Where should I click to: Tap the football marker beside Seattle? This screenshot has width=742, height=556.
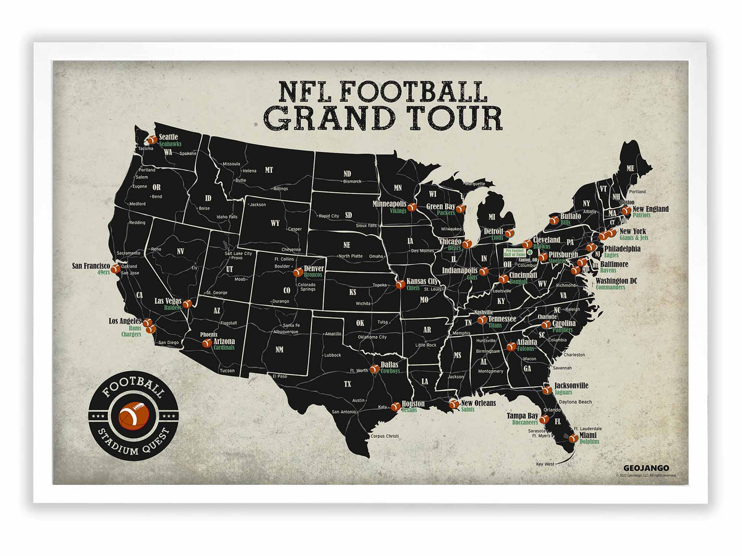pyautogui.click(x=152, y=140)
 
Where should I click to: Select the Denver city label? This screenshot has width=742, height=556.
pyautogui.click(x=313, y=268)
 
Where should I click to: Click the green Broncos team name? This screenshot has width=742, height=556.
pyautogui.click(x=313, y=275)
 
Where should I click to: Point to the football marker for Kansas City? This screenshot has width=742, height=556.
pyautogui.click(x=399, y=285)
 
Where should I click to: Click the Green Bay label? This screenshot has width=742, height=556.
pyautogui.click(x=441, y=206)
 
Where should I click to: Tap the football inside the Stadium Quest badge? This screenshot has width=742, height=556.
pyautogui.click(x=133, y=416)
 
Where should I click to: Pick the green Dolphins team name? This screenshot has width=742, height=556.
pyautogui.click(x=589, y=442)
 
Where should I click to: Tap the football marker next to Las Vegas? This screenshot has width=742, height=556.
pyautogui.click(x=187, y=304)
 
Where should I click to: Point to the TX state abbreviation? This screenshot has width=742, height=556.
pyautogui.click(x=348, y=384)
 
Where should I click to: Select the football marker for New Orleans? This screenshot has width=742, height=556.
pyautogui.click(x=453, y=404)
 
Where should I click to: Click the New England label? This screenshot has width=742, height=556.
pyautogui.click(x=650, y=209)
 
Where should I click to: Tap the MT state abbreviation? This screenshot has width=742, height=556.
pyautogui.click(x=268, y=169)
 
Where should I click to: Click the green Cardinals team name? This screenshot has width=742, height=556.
pyautogui.click(x=224, y=347)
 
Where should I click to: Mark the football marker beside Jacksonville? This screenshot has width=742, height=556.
pyautogui.click(x=547, y=390)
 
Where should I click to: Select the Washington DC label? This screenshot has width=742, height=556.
pyautogui.click(x=616, y=280)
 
